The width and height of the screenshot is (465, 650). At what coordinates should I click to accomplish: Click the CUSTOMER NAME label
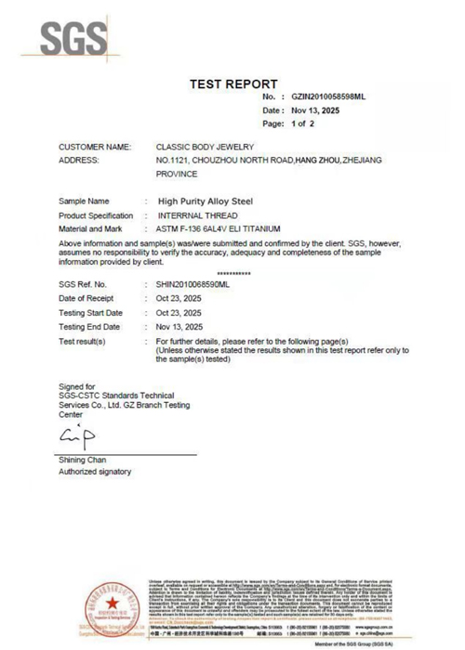coord(95,148)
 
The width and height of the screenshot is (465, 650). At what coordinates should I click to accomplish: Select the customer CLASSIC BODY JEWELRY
coord(205,148)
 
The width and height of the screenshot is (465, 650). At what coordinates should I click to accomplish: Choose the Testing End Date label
coord(89,327)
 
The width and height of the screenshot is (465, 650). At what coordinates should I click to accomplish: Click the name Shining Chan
coord(82,461)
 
